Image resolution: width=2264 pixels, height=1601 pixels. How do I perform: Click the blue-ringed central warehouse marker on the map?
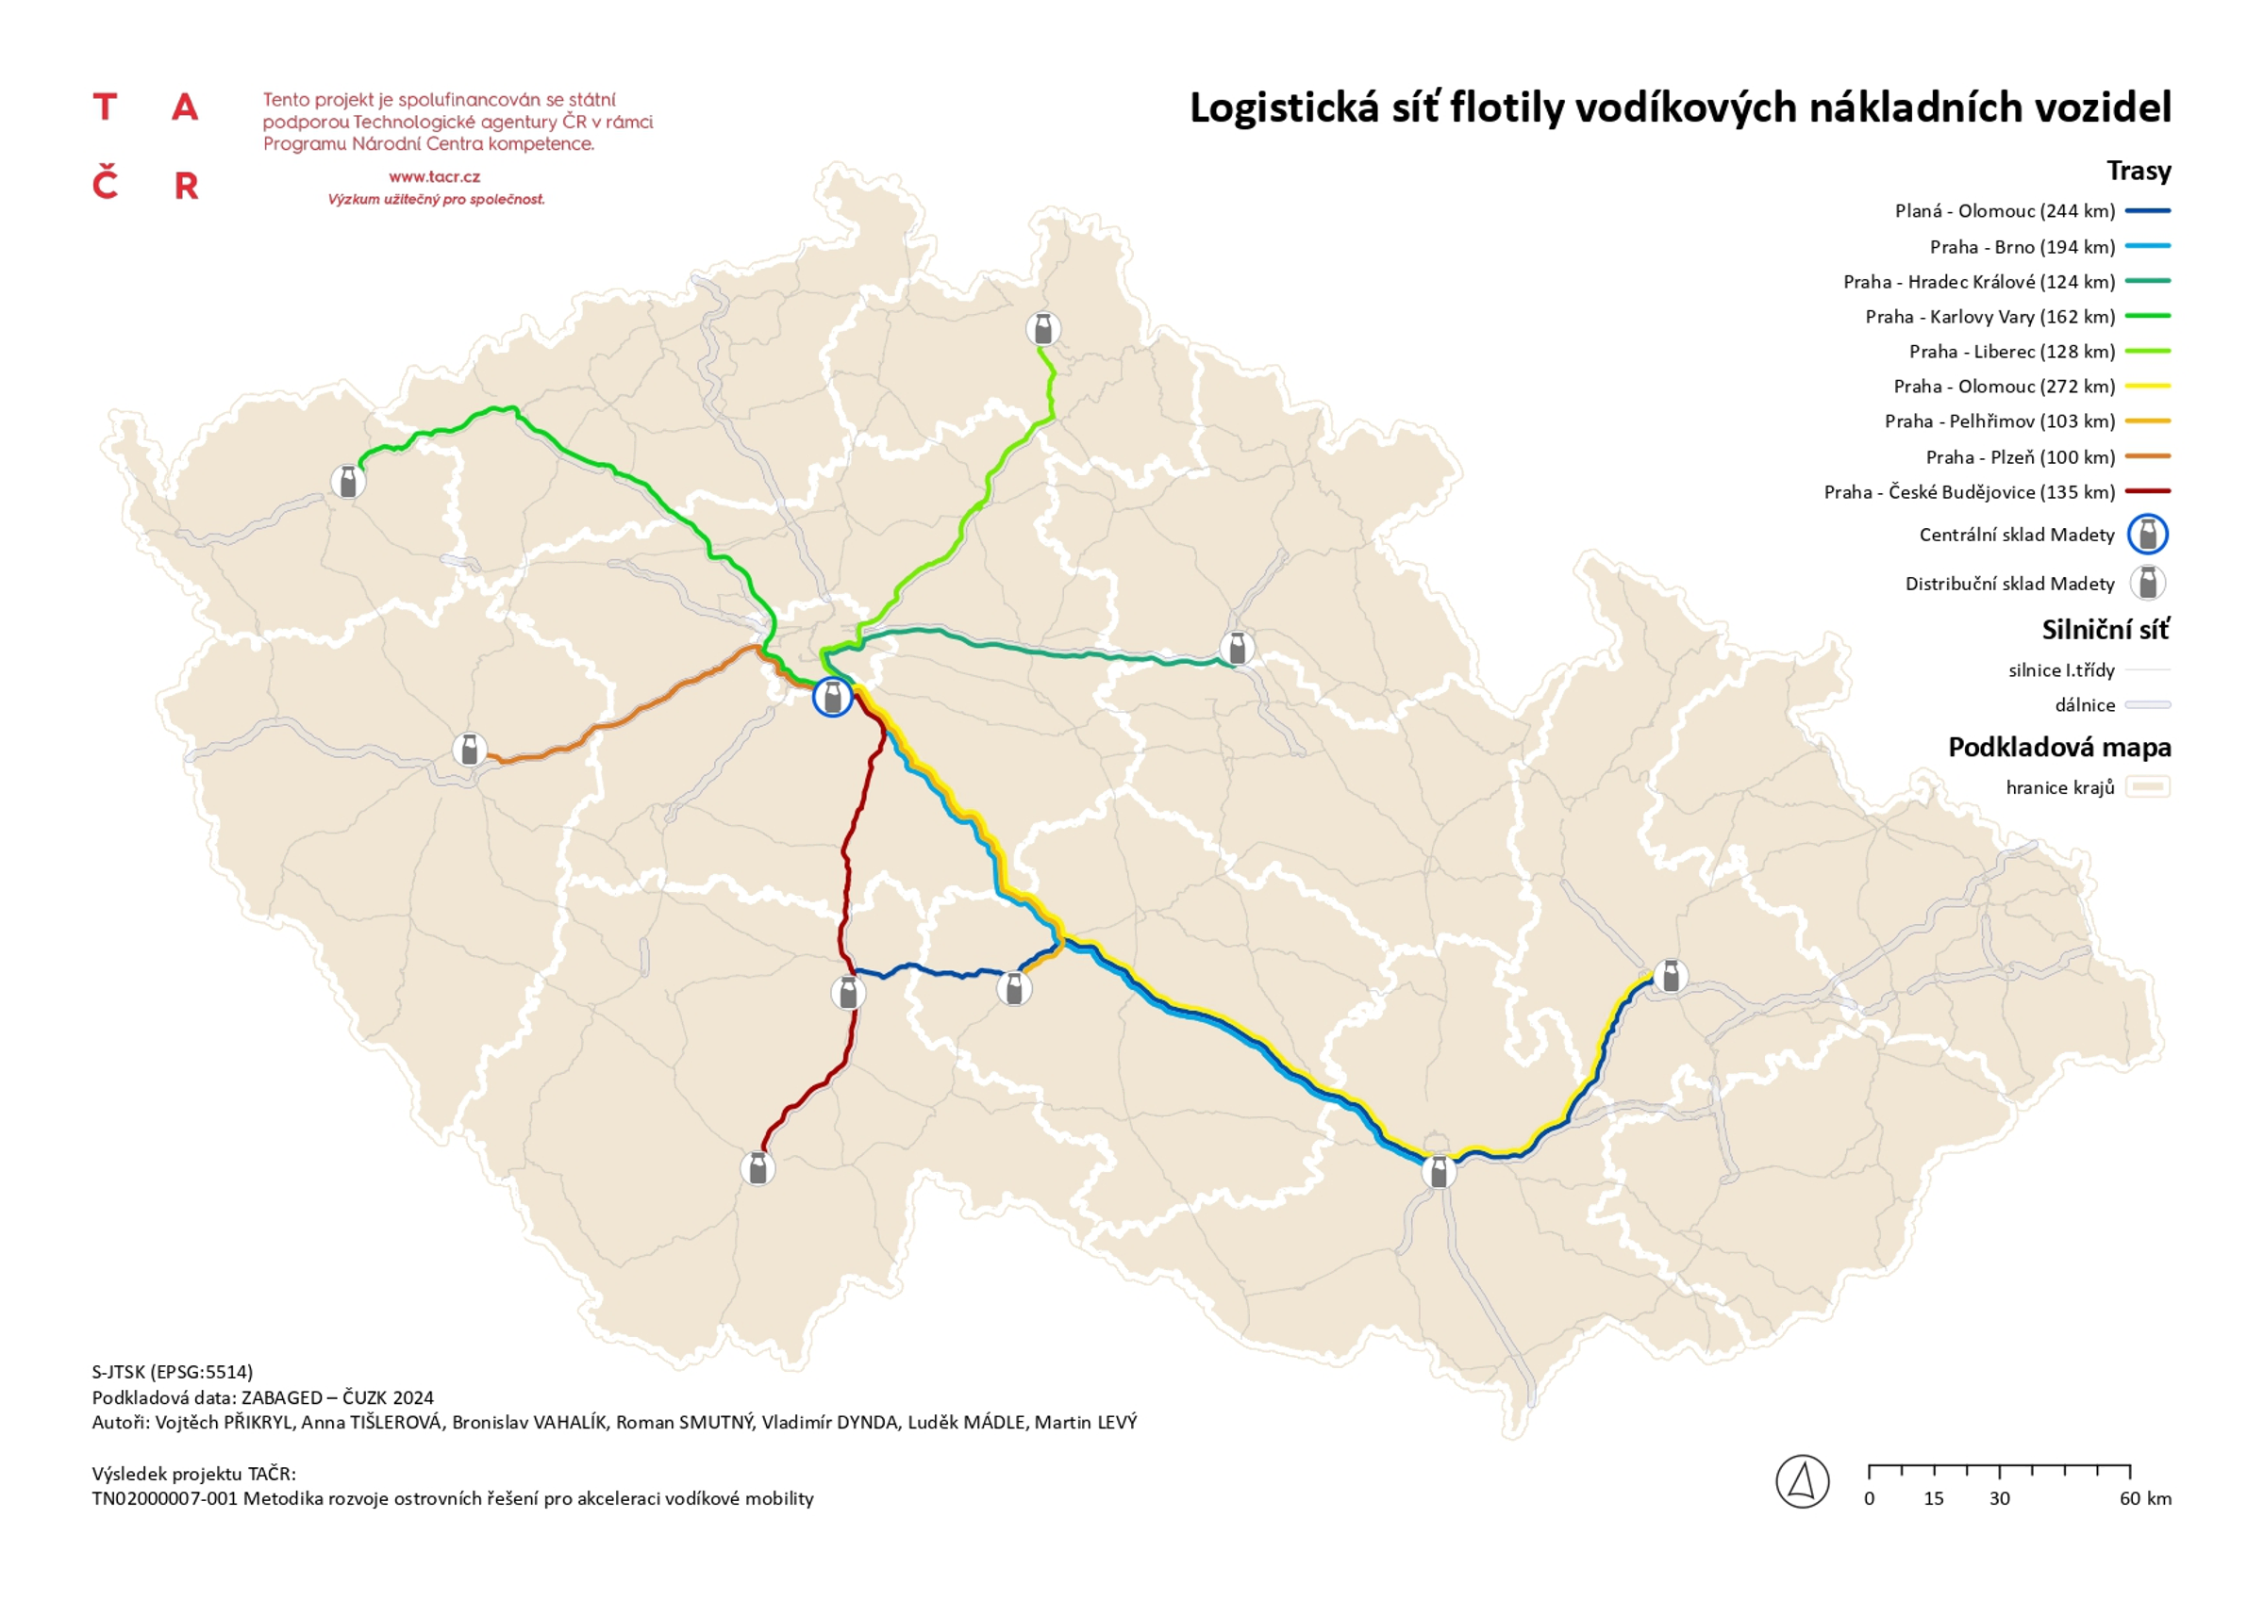coord(832,697)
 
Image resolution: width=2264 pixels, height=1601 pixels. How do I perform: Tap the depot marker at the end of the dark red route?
coord(757,1168)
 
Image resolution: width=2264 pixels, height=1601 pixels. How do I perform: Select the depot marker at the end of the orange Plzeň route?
coord(470,750)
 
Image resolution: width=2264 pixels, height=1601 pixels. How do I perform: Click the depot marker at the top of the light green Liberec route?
coord(1042,328)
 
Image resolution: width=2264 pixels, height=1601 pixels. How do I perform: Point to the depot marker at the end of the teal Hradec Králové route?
coord(1237,649)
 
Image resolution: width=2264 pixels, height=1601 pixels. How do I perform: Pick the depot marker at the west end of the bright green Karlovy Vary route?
coord(347,481)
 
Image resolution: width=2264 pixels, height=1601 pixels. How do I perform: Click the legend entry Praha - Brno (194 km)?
coord(2022,246)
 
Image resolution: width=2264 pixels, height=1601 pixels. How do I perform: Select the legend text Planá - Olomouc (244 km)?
coord(2005,211)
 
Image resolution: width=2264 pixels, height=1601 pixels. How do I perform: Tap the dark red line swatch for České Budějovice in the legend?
coord(2148,491)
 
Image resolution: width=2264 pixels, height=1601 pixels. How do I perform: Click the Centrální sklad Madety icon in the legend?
coord(2148,535)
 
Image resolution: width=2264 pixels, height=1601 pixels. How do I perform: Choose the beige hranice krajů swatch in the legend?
coord(2148,786)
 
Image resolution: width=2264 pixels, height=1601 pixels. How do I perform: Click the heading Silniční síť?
coord(2106,630)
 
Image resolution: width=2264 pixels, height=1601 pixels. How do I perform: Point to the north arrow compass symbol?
coord(1802,1480)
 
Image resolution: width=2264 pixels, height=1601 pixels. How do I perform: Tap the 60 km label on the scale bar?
coord(2146,1498)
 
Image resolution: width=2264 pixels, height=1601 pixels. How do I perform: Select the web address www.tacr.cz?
coord(434,177)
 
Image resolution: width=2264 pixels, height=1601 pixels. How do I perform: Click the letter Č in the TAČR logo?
coord(106,185)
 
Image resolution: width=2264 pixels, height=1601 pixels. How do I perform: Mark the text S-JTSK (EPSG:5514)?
coord(173,1371)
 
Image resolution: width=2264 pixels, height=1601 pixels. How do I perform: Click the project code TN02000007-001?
coord(165,1498)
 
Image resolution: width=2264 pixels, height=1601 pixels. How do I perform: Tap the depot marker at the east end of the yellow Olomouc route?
coord(1670,976)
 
